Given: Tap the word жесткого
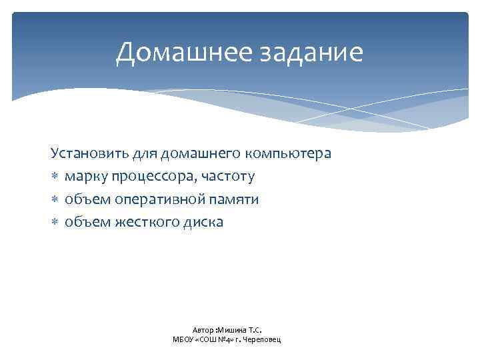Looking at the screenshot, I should (142, 222).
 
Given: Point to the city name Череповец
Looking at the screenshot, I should (263, 339).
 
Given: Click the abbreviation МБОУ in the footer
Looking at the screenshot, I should (182, 339).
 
